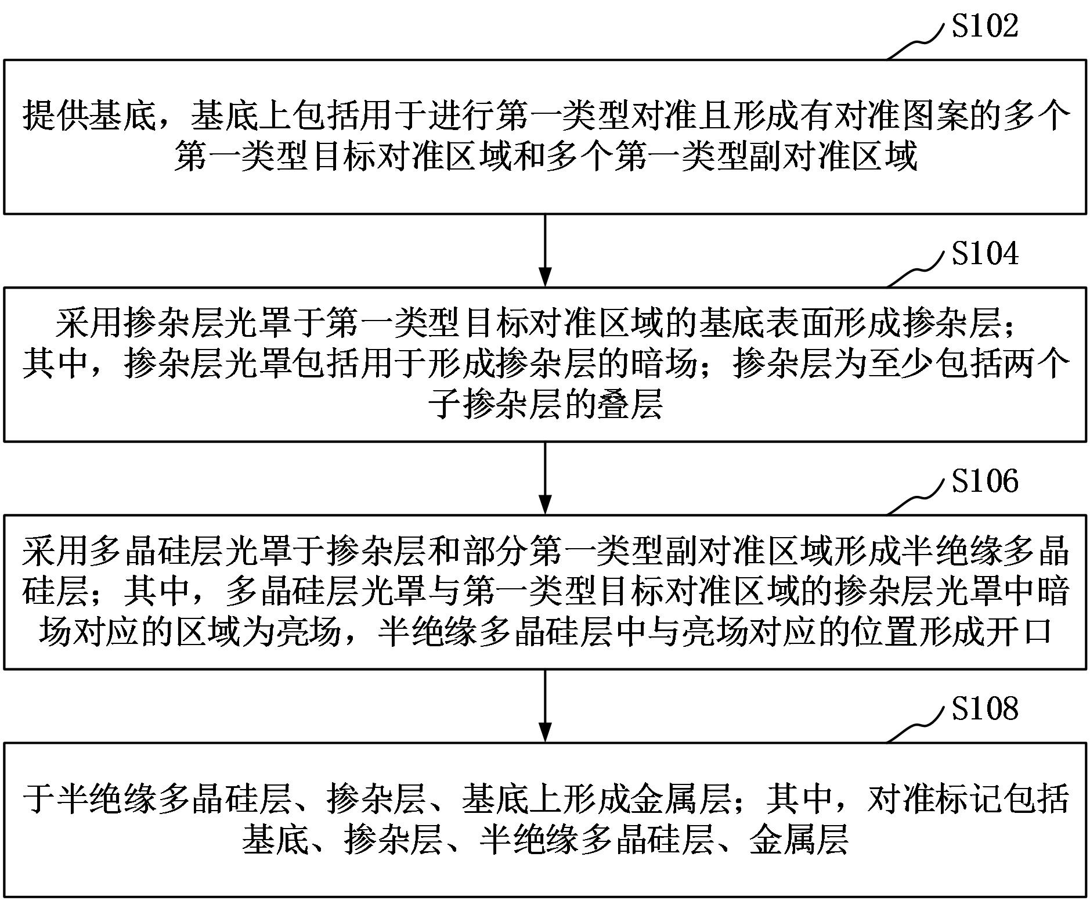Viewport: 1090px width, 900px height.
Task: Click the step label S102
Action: pyautogui.click(x=985, y=27)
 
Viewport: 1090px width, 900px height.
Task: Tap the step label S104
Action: pyautogui.click(x=985, y=254)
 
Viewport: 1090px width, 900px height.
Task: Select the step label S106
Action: pyautogui.click(x=985, y=482)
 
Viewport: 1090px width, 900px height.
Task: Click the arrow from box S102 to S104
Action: pyautogui.click(x=544, y=250)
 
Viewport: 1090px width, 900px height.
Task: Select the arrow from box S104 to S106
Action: pyautogui.click(x=544, y=478)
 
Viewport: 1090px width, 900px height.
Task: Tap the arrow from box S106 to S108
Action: pyautogui.click(x=544, y=705)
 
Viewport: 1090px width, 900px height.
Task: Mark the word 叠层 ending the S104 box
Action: pyautogui.click(x=629, y=405)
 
